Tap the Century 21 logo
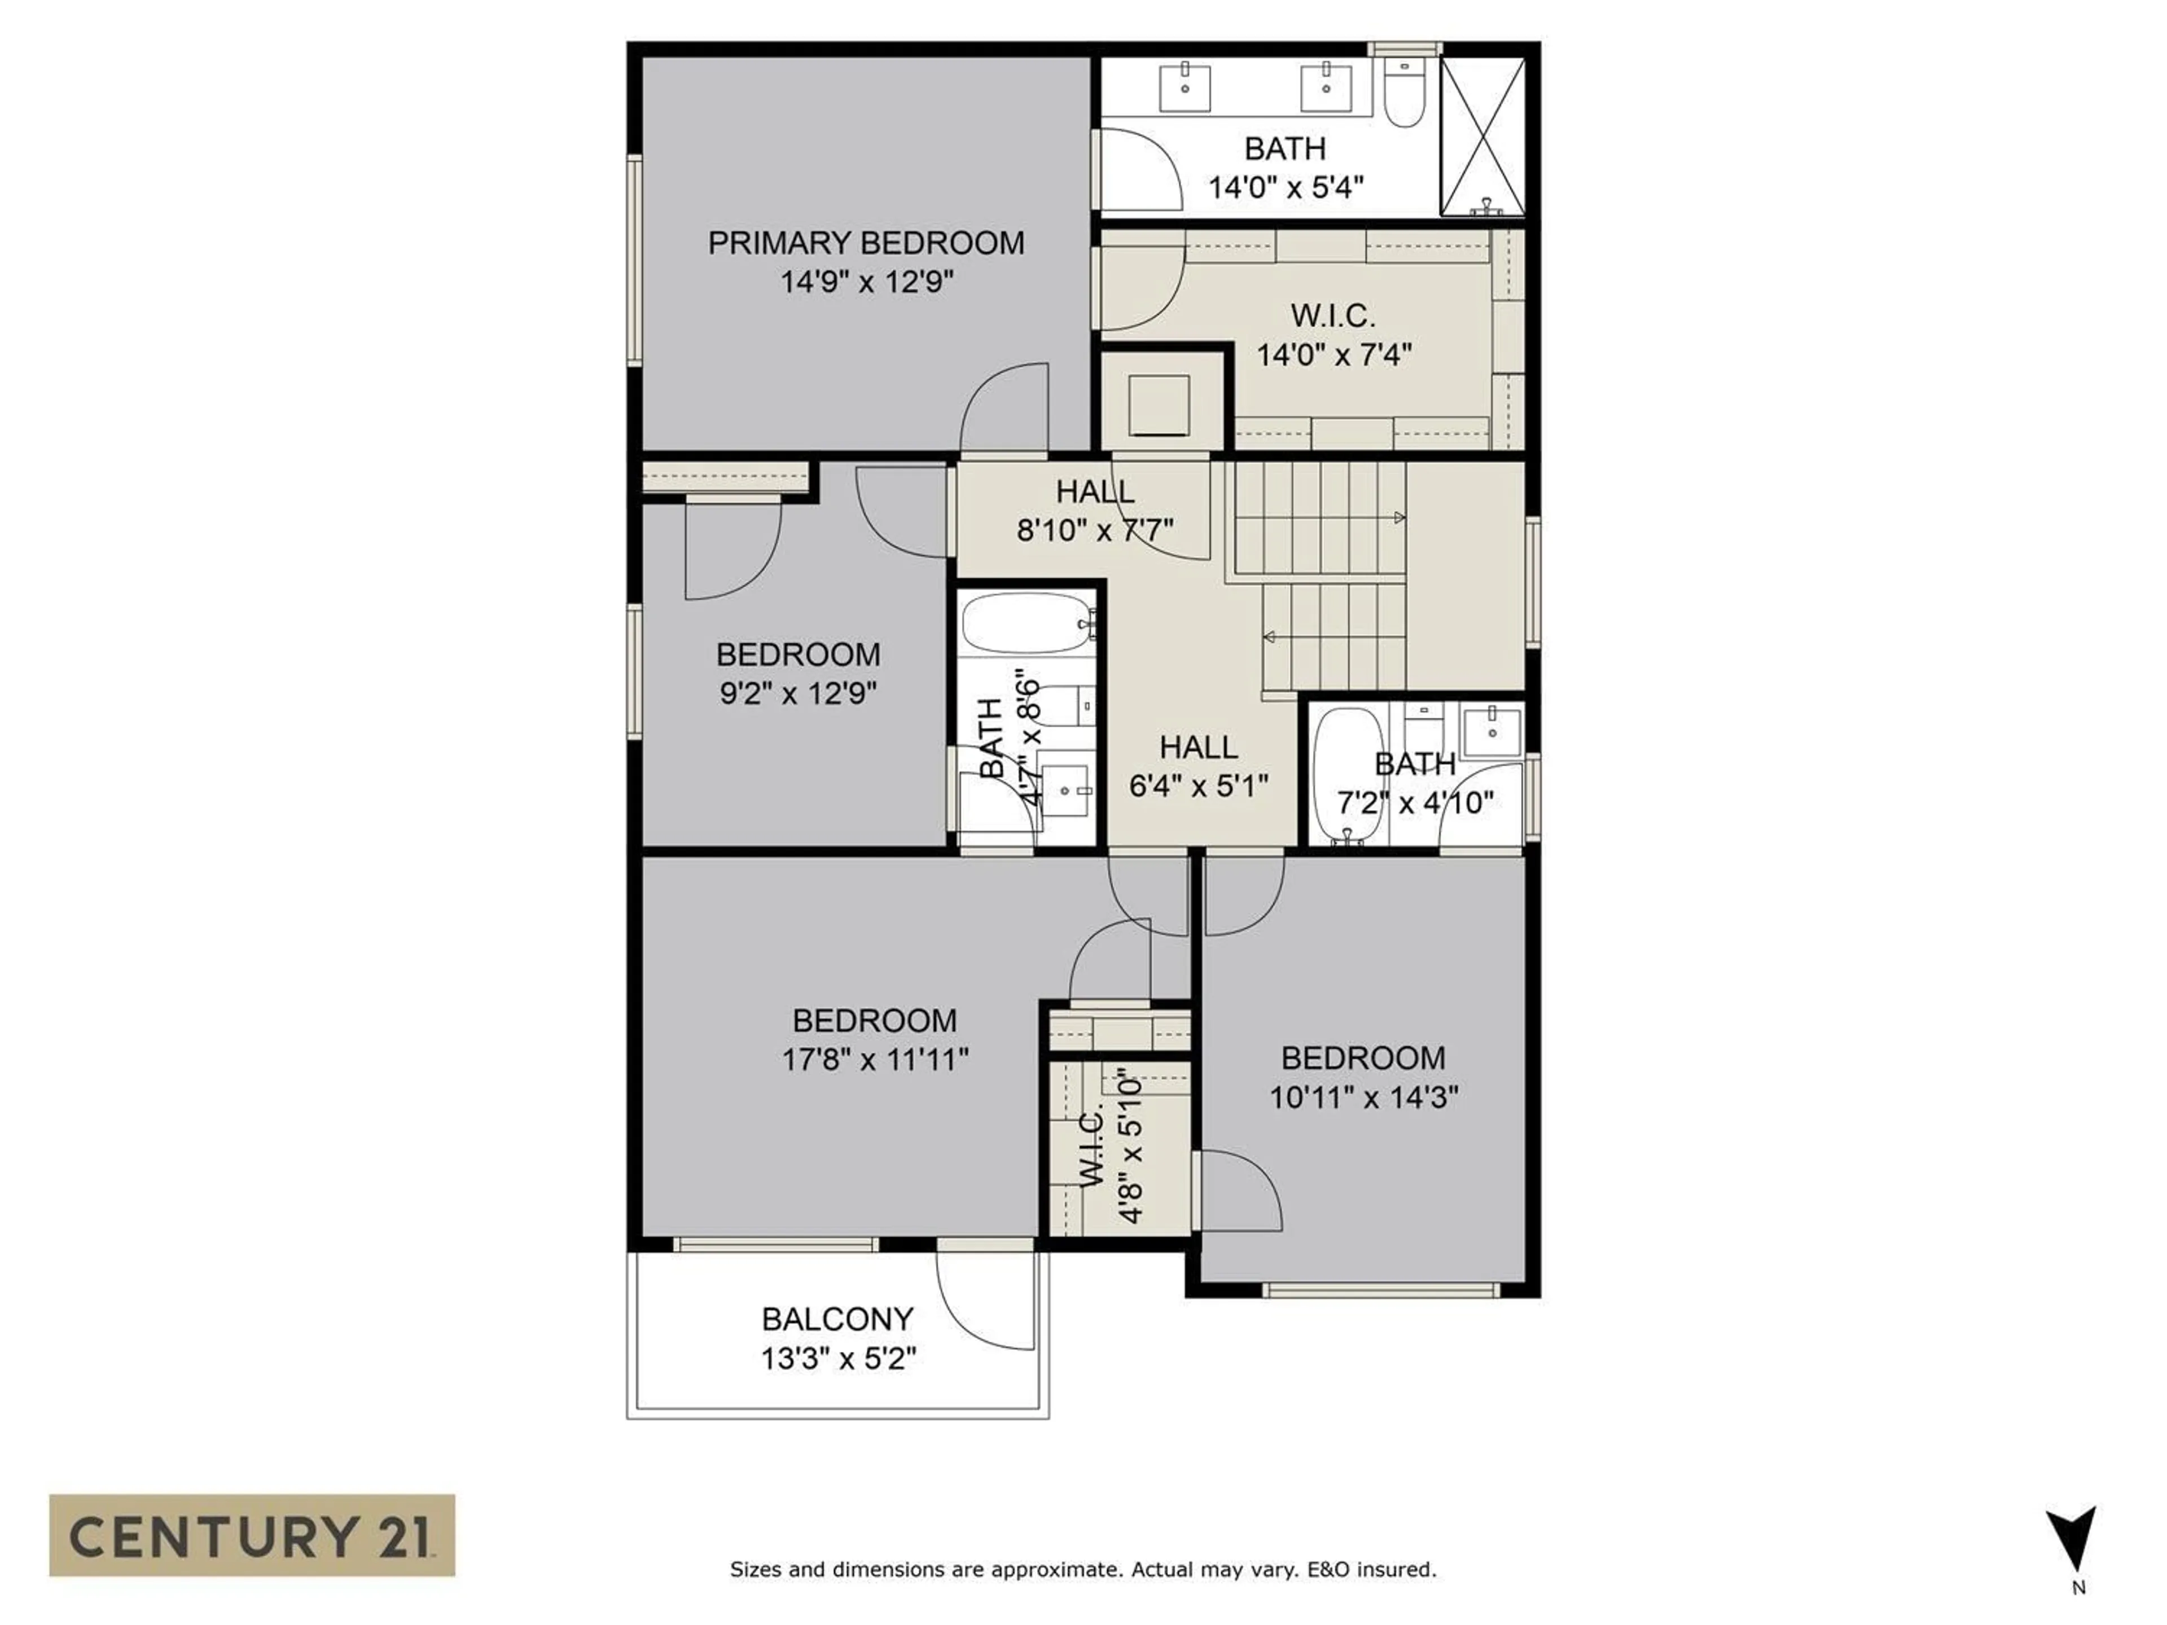[252, 1535]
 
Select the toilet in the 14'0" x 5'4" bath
[1405, 95]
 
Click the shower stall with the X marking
[1482, 136]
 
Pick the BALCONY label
[837, 1319]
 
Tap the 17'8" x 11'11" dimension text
[875, 1060]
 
